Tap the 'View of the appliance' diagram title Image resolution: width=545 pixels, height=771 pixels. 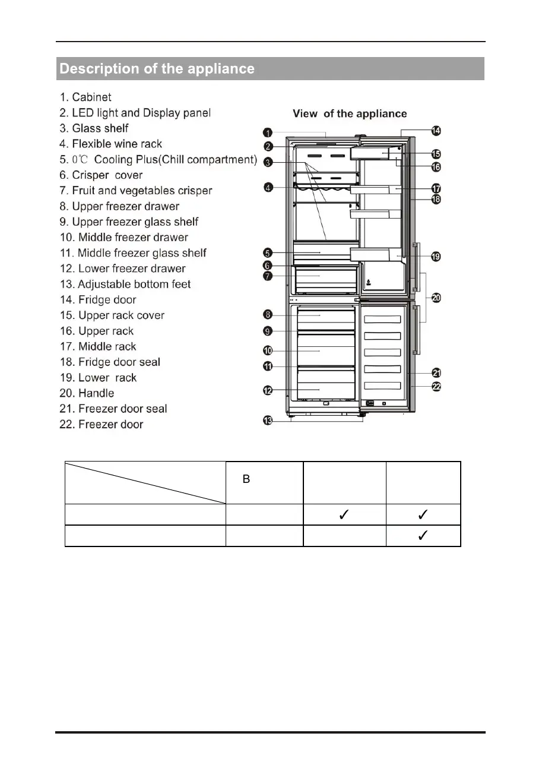[350, 113]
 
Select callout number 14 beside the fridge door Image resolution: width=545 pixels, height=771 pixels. [436, 131]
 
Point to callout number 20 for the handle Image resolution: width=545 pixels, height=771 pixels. [436, 298]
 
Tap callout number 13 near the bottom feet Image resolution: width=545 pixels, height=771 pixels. [268, 421]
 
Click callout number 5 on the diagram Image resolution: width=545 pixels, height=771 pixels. [268, 252]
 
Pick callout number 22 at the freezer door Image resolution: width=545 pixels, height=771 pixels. [436, 386]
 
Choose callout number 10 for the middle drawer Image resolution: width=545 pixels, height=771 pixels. [268, 351]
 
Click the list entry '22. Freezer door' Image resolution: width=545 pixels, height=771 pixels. [102, 424]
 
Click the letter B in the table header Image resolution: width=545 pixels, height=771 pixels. [246, 479]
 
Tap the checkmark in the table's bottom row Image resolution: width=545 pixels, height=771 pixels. [423, 536]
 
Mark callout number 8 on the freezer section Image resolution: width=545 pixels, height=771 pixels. [268, 315]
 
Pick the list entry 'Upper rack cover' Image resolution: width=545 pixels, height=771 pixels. [112, 315]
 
